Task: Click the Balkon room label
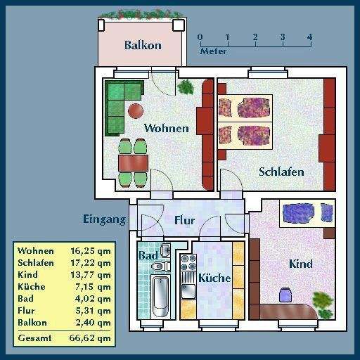(143, 46)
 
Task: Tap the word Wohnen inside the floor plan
(166, 129)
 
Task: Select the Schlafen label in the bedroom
(281, 172)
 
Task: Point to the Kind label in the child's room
(300, 264)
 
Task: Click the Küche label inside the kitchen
(214, 278)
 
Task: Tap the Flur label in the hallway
(184, 220)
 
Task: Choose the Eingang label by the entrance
(104, 219)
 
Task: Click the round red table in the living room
(135, 110)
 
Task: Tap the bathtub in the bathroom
(161, 296)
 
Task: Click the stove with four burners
(188, 263)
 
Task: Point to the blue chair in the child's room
(285, 295)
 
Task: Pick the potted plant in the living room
(186, 87)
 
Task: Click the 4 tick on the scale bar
(309, 37)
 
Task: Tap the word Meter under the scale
(214, 51)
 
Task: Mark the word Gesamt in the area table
(35, 338)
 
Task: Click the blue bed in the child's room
(307, 212)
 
